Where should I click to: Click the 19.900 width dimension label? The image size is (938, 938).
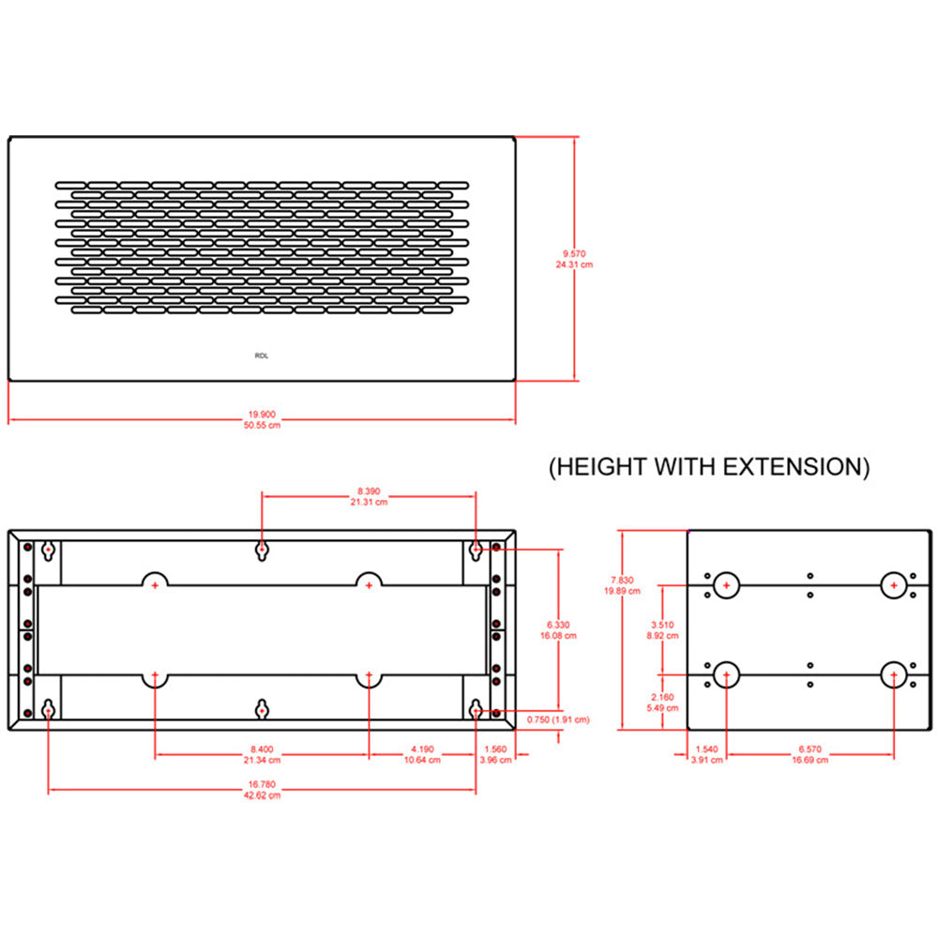(262, 414)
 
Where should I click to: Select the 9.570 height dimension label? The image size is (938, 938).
(574, 254)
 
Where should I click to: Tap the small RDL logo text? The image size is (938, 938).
(261, 356)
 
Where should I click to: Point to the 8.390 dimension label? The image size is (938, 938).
(370, 492)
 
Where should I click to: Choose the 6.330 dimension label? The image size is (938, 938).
(560, 625)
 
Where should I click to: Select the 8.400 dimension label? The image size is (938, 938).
(262, 749)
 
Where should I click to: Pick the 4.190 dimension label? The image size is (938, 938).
(422, 749)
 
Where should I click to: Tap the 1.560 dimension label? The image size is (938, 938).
(497, 749)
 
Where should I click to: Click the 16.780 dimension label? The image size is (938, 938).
(262, 785)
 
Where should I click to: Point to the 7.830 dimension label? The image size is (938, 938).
(622, 581)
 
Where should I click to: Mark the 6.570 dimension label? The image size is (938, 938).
(809, 749)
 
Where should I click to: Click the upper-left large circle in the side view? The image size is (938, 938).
(725, 586)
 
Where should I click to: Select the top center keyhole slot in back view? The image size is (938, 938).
(263, 549)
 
